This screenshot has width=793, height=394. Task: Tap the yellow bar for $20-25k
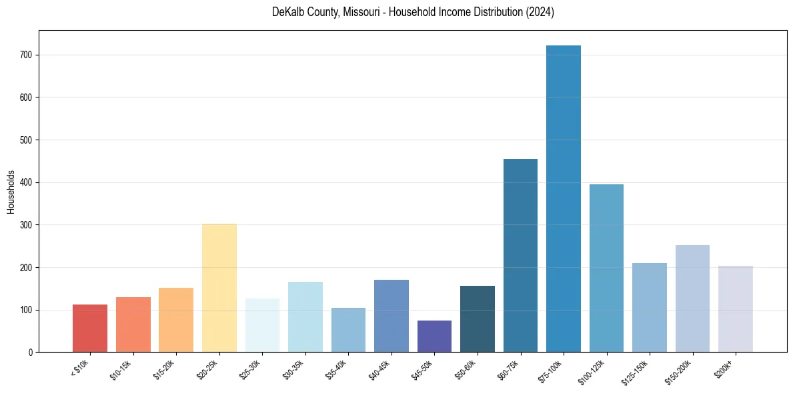[219, 288]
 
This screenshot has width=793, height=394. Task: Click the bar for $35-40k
[348, 330]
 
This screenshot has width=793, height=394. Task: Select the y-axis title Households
[11, 192]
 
